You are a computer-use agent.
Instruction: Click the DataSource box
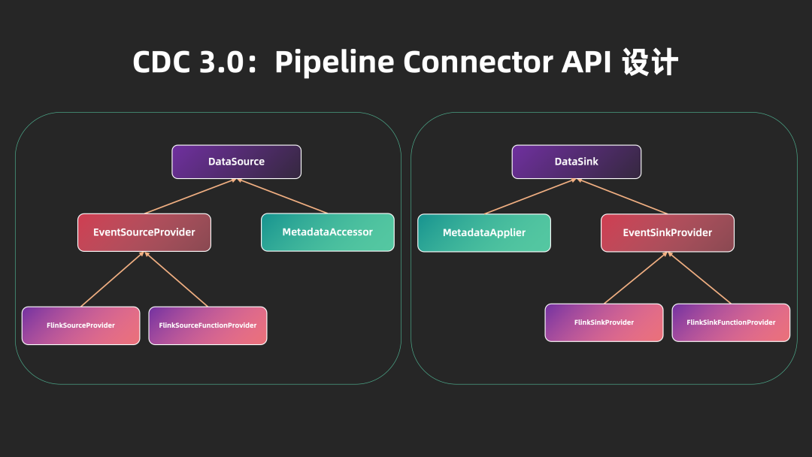click(236, 162)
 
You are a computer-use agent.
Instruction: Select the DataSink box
click(576, 162)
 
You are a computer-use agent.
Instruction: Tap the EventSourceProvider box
click(144, 232)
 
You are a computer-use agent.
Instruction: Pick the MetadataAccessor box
click(327, 232)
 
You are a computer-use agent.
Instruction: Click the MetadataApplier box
click(484, 233)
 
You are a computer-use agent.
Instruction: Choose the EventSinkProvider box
click(667, 233)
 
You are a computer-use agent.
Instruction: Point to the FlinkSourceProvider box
click(80, 325)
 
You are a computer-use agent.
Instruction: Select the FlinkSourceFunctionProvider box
click(208, 325)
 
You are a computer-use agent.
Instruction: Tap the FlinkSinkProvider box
click(604, 322)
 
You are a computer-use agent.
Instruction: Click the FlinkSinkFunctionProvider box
click(731, 322)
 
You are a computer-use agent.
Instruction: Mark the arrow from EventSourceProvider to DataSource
click(189, 197)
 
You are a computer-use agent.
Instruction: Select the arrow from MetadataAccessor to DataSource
click(283, 197)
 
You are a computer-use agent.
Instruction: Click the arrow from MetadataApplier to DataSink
click(530, 197)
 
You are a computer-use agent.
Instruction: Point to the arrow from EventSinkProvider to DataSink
click(623, 197)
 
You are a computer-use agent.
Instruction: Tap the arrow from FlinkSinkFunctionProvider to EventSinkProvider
click(699, 278)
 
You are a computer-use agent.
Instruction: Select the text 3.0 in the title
click(221, 62)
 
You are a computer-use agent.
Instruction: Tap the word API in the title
click(587, 62)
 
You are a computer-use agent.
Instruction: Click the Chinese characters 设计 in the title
click(650, 62)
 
